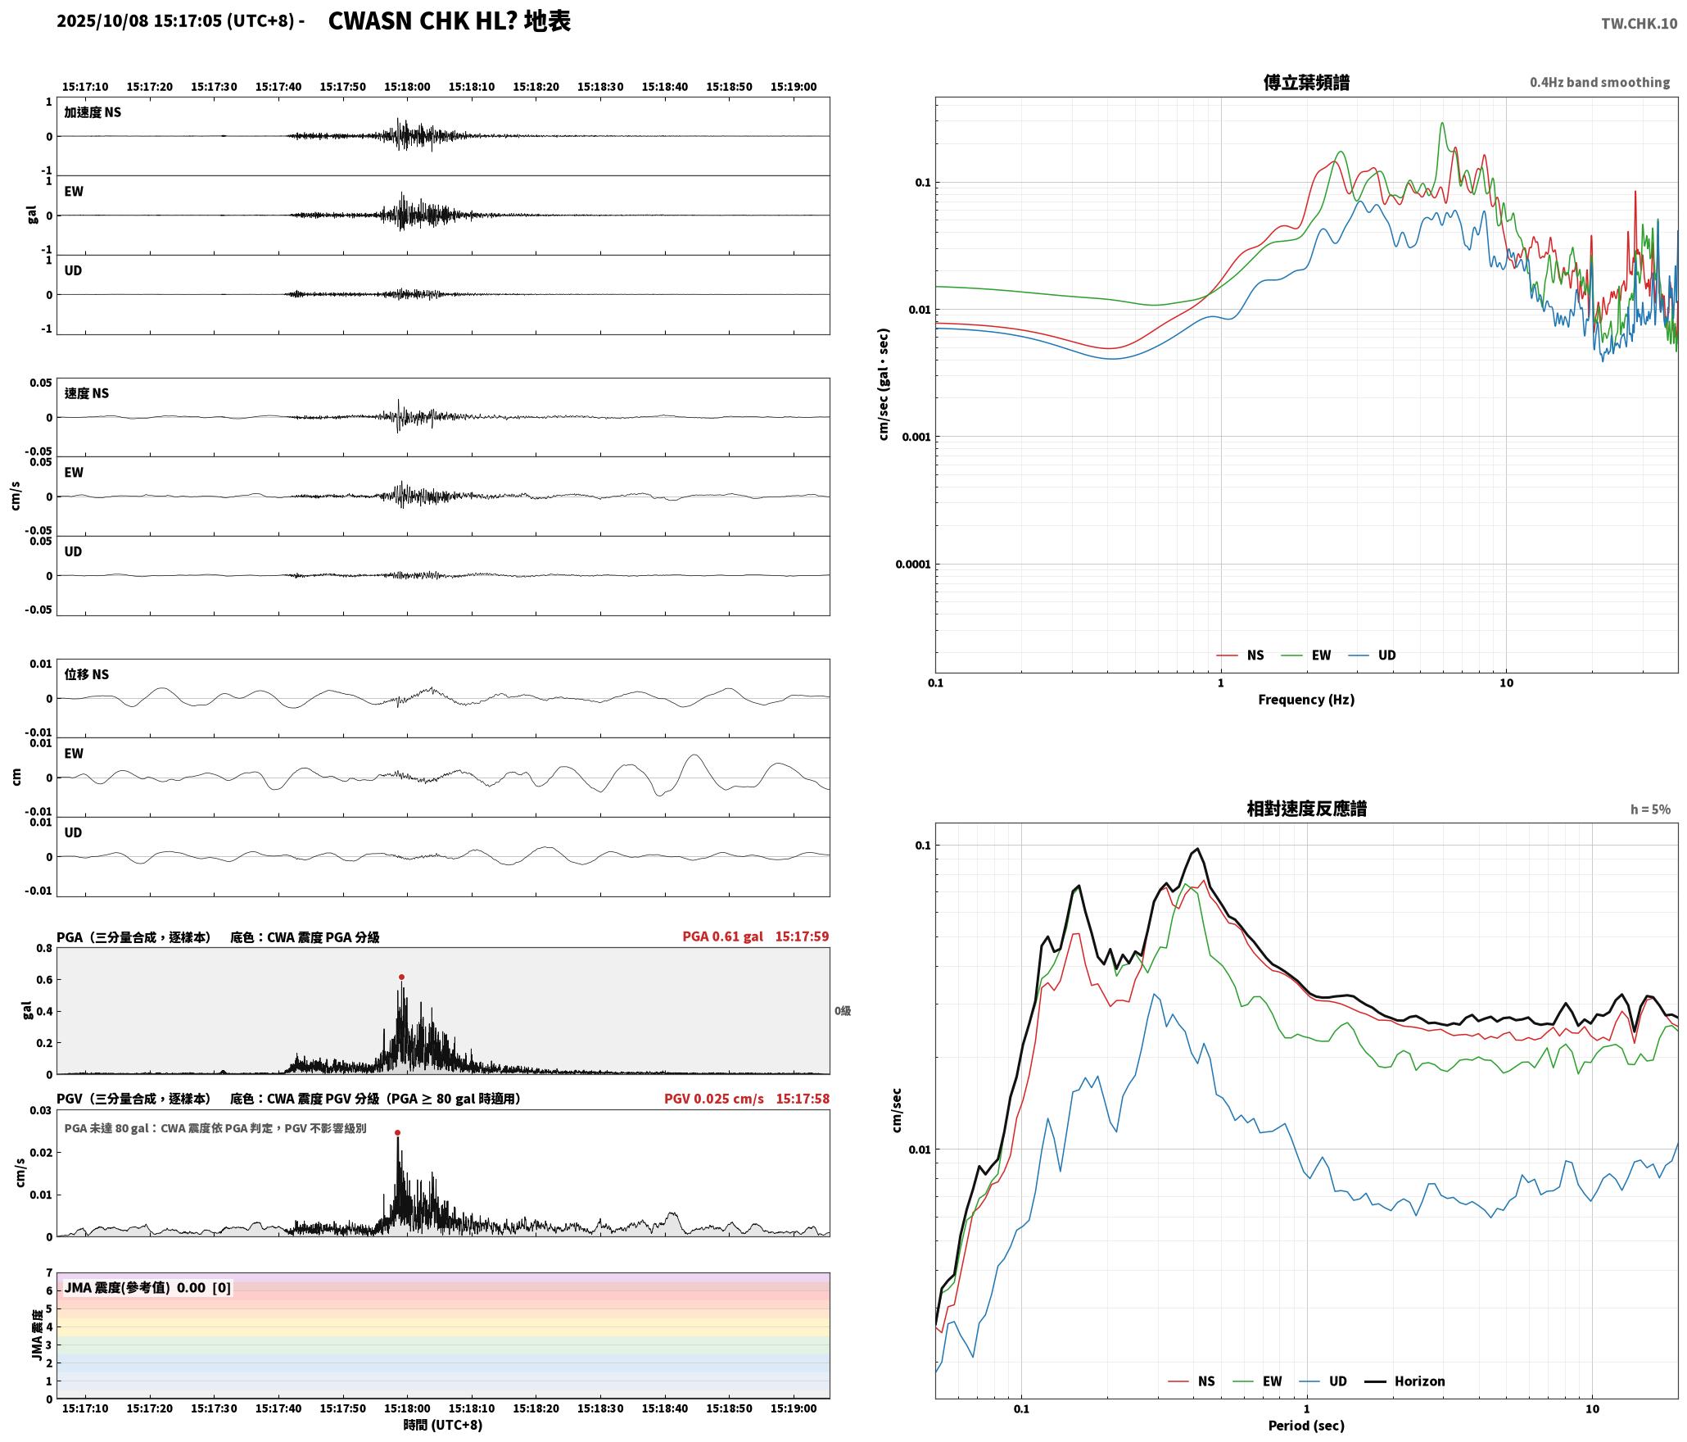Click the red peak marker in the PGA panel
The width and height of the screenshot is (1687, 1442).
pos(401,977)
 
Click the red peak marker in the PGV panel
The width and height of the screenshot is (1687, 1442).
pos(397,1132)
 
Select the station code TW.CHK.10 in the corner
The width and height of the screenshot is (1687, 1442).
pos(1639,24)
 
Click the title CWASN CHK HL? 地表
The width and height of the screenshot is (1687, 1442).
pos(449,21)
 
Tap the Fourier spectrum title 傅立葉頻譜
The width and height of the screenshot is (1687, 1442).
pos(1306,83)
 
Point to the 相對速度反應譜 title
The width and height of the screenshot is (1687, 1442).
pos(1306,809)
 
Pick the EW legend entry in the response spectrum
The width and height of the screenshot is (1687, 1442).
pos(1258,1381)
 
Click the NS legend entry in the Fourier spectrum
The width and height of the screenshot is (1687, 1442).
pos(1241,655)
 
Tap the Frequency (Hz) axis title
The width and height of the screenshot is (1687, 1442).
pos(1306,700)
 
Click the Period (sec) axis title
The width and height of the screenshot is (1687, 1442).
pos(1306,1426)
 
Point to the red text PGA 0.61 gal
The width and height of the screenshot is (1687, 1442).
pos(722,936)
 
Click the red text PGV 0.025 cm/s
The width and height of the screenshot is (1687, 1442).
pos(714,1099)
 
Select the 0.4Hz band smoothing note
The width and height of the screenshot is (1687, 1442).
pos(1599,83)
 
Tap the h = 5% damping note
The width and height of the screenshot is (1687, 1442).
pos(1650,809)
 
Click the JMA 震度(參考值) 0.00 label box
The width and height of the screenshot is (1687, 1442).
pos(147,1288)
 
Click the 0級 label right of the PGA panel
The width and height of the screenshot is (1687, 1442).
pos(843,1011)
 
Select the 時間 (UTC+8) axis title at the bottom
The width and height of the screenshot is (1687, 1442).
pos(443,1425)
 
